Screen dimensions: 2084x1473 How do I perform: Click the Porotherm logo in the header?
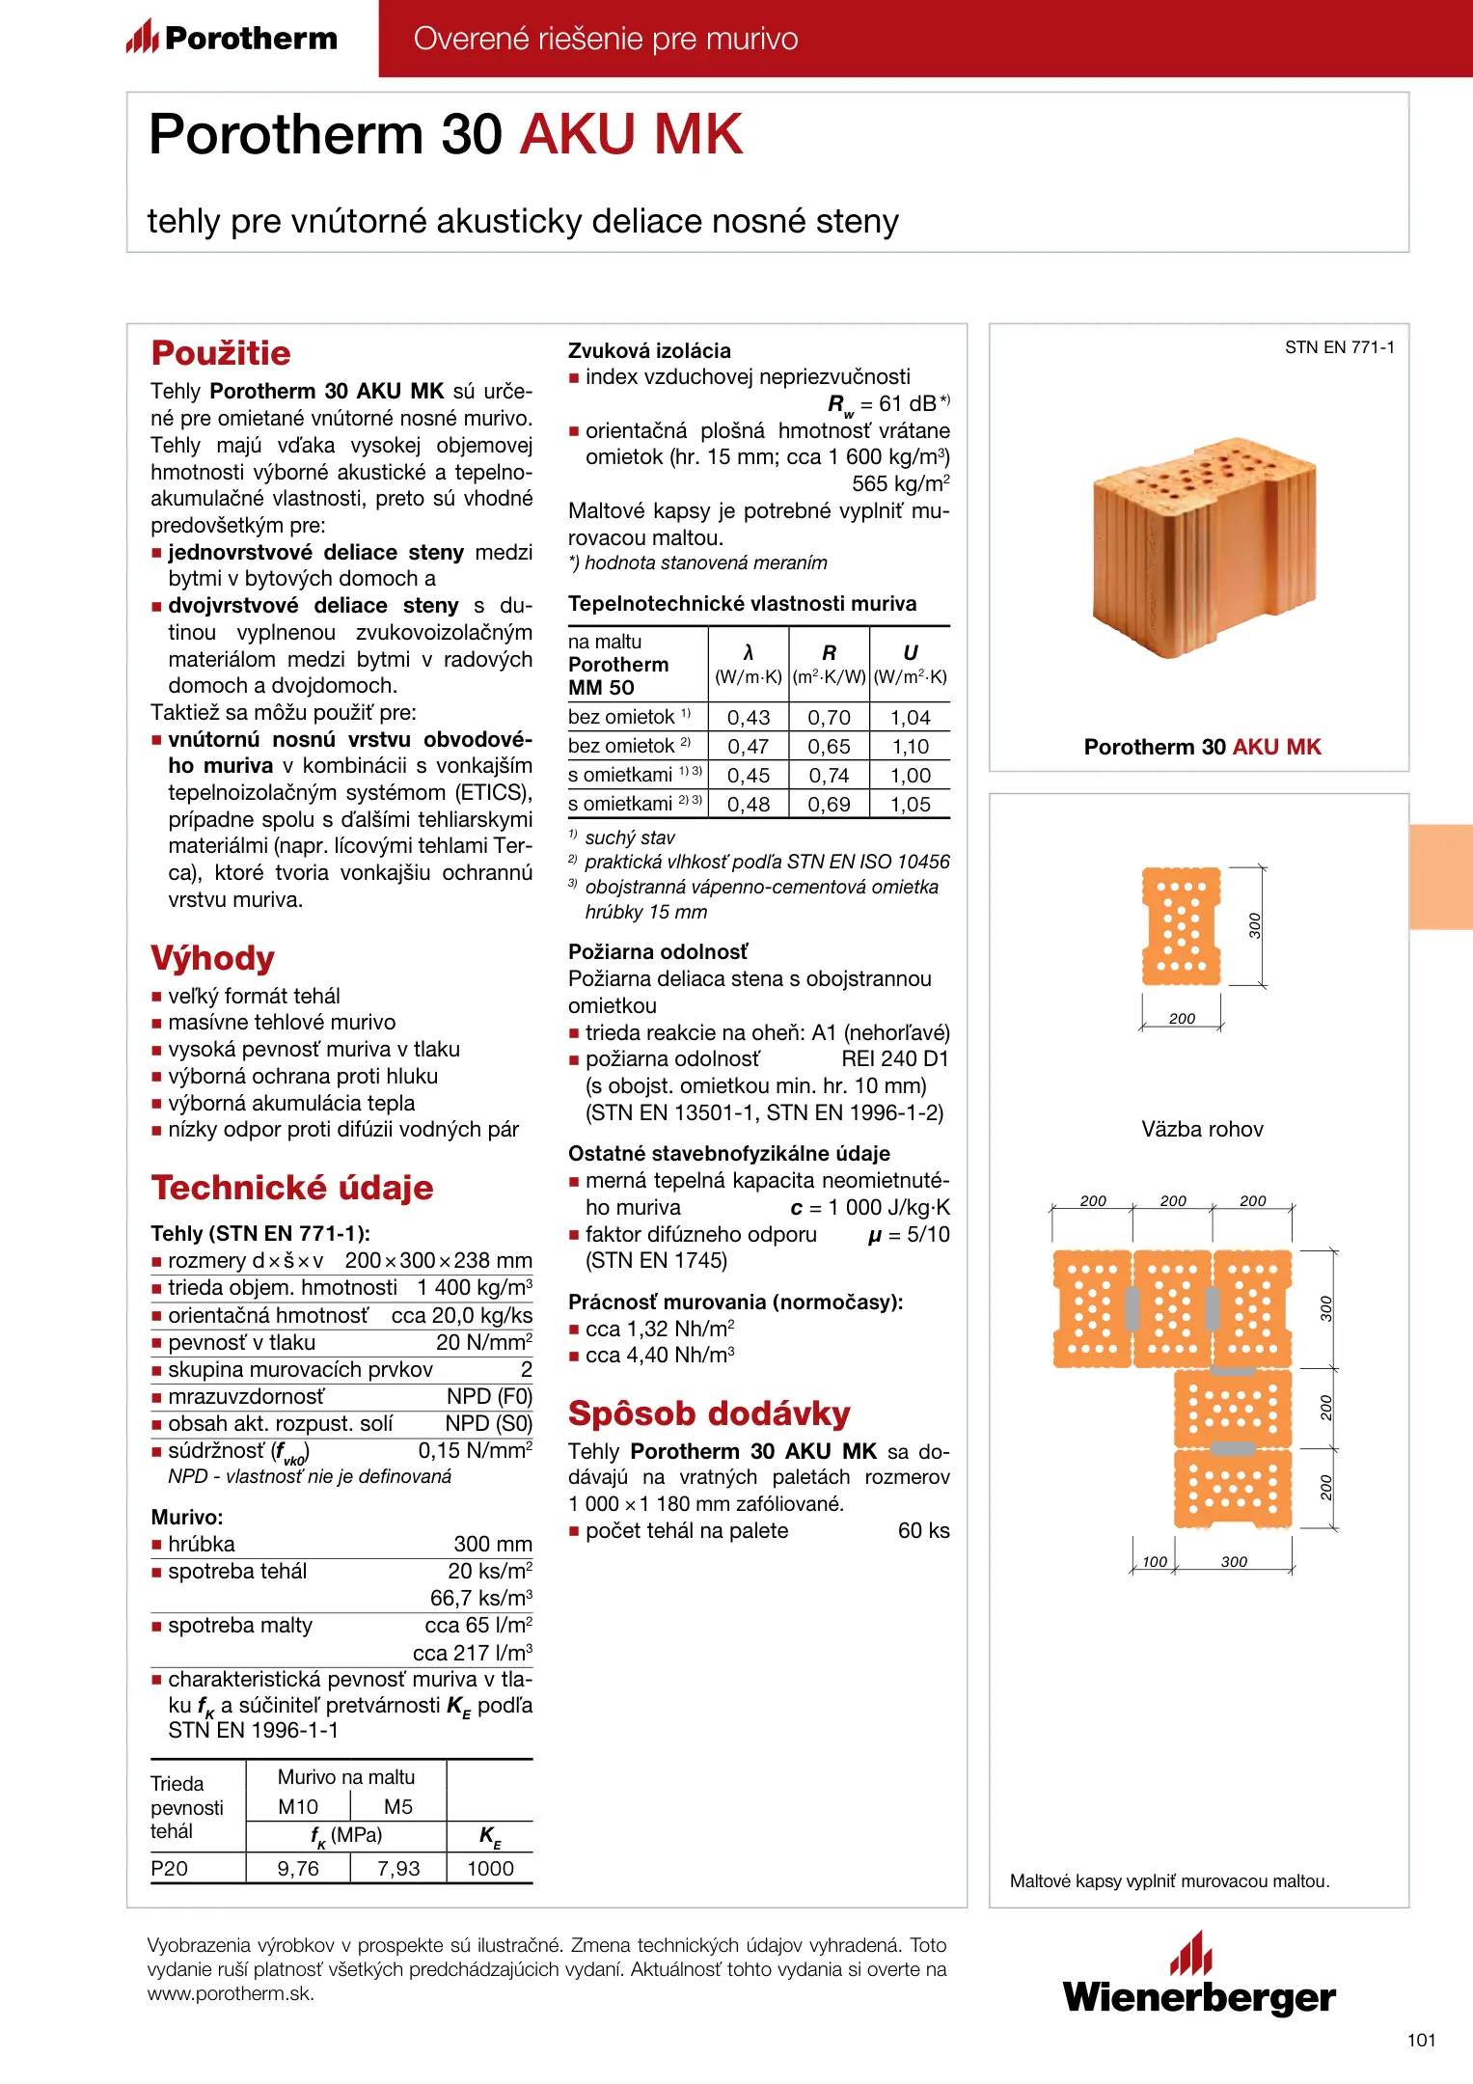click(x=232, y=38)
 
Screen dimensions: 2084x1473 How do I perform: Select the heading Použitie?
click(x=221, y=353)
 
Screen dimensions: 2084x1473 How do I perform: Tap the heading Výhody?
click(x=213, y=958)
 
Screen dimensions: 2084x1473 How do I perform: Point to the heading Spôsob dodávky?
click(x=709, y=1413)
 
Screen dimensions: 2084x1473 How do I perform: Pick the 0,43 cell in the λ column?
click(x=749, y=718)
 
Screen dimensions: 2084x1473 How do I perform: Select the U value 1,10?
click(x=910, y=747)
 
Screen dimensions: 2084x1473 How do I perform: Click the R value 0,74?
click(x=829, y=776)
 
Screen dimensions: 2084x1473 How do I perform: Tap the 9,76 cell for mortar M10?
click(x=298, y=1869)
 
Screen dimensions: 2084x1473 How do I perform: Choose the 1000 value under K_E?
click(x=490, y=1869)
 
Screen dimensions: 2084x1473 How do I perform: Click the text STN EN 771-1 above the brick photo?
click(x=1339, y=347)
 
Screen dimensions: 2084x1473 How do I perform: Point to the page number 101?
click(x=1421, y=2040)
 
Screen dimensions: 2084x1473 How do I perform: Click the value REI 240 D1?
click(x=895, y=1059)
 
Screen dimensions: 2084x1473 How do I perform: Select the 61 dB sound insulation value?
click(x=907, y=403)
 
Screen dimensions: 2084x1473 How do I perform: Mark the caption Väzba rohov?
click(x=1202, y=1130)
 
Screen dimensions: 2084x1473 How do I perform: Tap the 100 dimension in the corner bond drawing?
click(x=1155, y=1562)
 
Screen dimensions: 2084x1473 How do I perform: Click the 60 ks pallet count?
click(x=923, y=1531)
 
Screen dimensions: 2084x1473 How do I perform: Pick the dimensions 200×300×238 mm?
click(x=438, y=1261)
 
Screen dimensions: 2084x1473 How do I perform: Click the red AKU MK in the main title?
click(x=632, y=134)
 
